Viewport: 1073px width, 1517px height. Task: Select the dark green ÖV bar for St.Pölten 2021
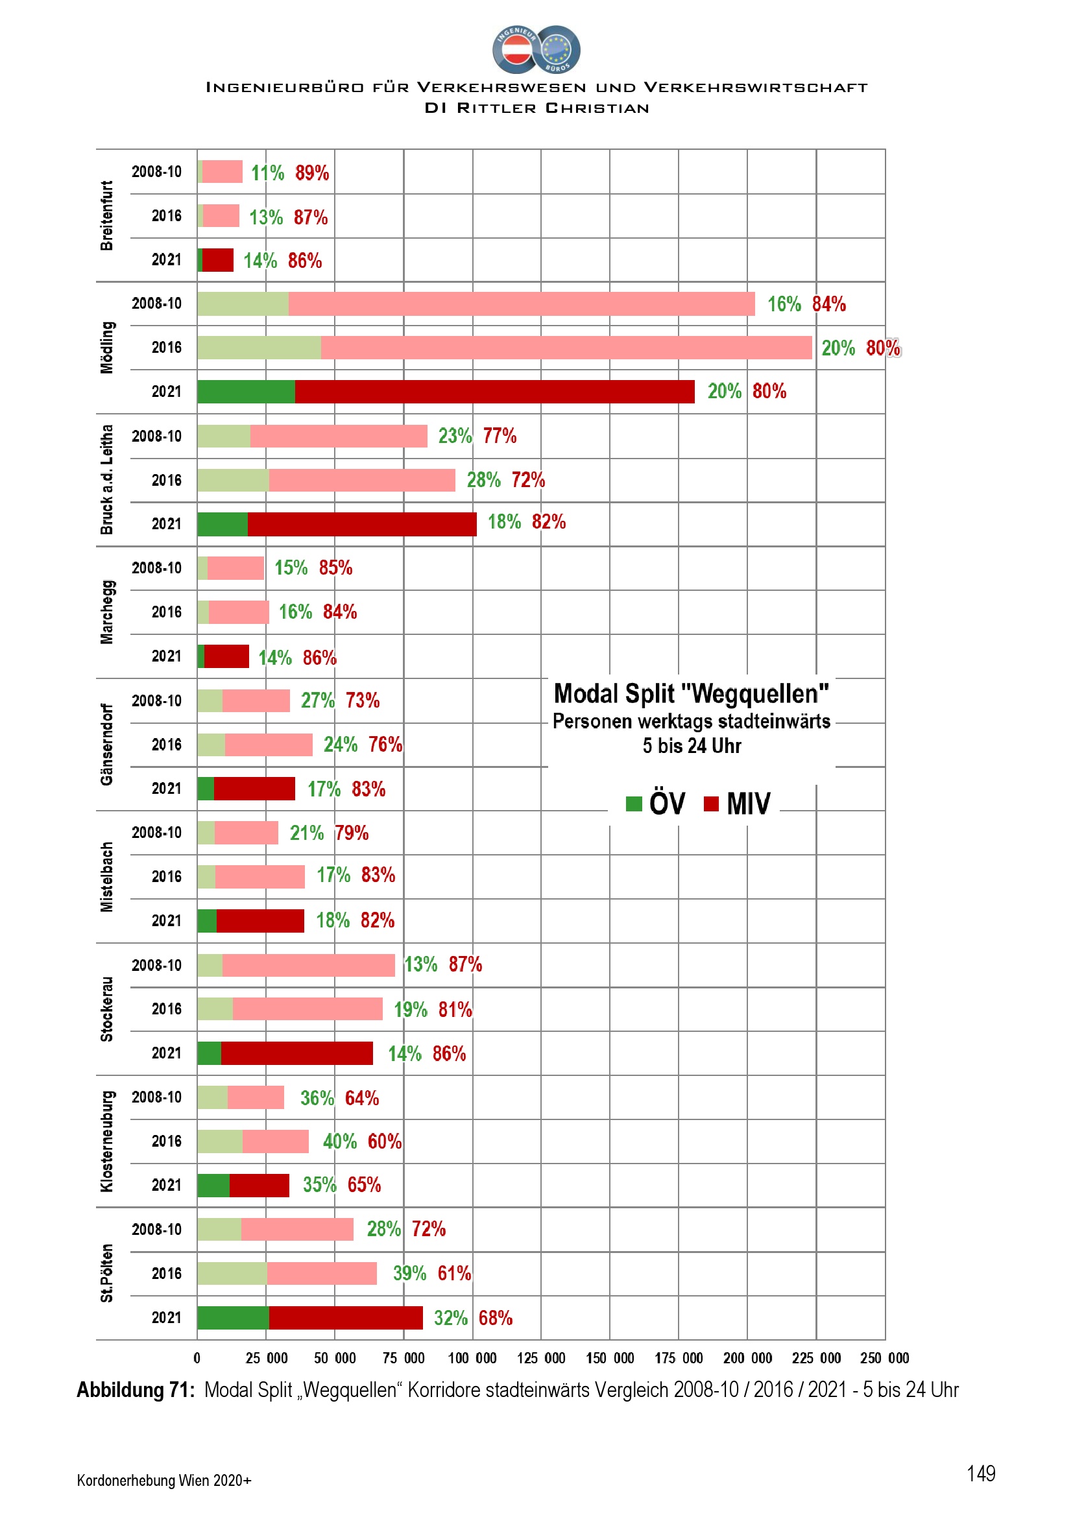233,1317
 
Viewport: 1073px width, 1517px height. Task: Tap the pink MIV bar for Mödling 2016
566,348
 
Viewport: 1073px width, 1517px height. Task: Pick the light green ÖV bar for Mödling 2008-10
243,304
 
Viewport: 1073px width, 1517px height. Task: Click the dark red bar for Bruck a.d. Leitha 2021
361,524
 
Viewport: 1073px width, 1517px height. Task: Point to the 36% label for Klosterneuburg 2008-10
317,1098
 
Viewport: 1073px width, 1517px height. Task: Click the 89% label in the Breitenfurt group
312,173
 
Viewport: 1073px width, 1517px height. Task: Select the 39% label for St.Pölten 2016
409,1273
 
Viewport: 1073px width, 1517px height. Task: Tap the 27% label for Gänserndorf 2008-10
318,700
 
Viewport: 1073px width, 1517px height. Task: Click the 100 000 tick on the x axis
472,1359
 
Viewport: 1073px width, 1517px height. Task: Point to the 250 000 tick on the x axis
884,1359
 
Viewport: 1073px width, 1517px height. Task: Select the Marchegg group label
107,612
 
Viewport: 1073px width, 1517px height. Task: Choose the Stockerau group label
107,1009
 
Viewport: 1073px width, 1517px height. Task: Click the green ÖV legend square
634,804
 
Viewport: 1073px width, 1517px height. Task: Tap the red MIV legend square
711,804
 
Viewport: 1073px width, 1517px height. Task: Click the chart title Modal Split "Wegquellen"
691,695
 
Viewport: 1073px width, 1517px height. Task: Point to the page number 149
980,1474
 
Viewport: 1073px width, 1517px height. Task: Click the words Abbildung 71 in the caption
136,1390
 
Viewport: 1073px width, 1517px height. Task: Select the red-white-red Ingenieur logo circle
516,49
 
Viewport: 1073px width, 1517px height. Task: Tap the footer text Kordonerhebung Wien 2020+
164,1480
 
